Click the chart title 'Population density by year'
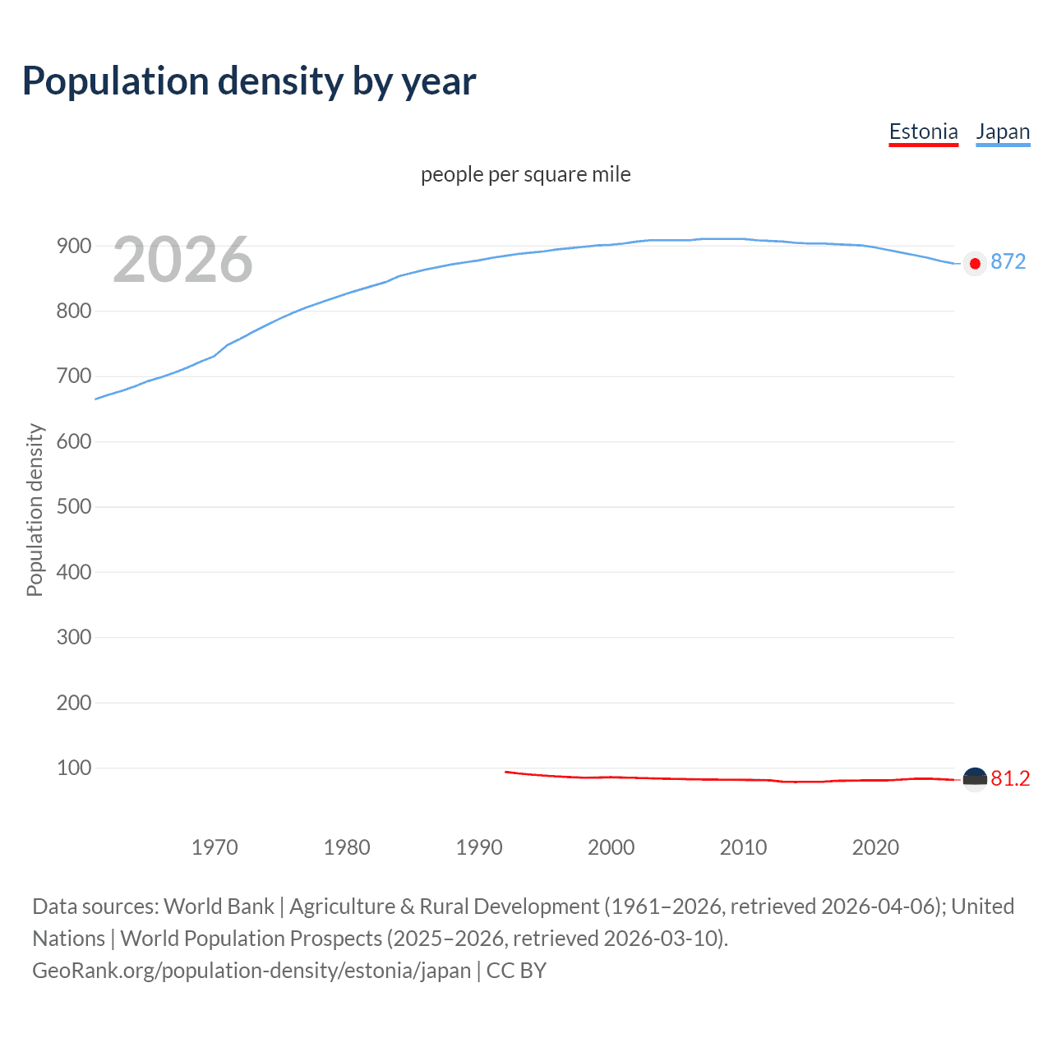click(x=249, y=81)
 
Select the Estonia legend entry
click(x=923, y=131)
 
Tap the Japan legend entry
click(x=1002, y=131)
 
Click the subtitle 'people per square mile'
click(x=525, y=174)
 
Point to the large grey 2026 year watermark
click(x=182, y=260)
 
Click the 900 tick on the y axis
click(x=74, y=246)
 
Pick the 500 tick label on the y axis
click(x=74, y=506)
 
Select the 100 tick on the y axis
click(x=74, y=768)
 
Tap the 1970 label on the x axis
click(x=215, y=847)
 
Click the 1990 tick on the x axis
click(x=479, y=847)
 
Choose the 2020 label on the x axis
click(x=875, y=847)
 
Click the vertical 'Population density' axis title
click(x=35, y=510)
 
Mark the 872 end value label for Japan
click(x=1008, y=261)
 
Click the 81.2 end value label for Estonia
click(x=1010, y=778)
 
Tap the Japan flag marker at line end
click(x=975, y=264)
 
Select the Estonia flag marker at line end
click(x=975, y=779)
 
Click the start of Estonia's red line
click(x=506, y=772)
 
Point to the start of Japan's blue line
click(x=96, y=399)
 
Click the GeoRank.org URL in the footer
click(x=251, y=971)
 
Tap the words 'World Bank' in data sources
click(x=219, y=907)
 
